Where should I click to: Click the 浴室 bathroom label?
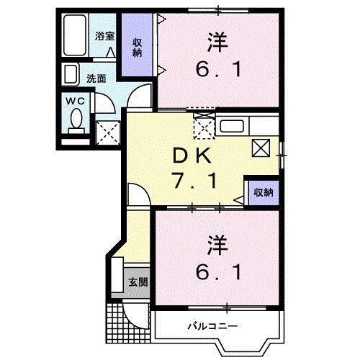coord(105,34)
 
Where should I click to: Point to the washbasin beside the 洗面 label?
coord(71,75)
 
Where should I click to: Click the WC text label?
coord(75,102)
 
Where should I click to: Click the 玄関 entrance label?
coord(138,282)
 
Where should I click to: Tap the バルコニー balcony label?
coord(213,325)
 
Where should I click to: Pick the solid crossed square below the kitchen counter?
coord(260,148)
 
